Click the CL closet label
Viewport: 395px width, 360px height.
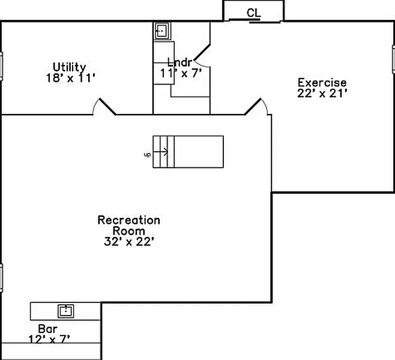pyautogui.click(x=253, y=13)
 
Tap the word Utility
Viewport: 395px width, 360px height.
pyautogui.click(x=69, y=67)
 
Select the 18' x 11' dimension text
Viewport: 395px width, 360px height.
pyautogui.click(x=70, y=77)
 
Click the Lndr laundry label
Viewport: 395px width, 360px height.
pyautogui.click(x=179, y=62)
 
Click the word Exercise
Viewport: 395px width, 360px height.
pyautogui.click(x=322, y=82)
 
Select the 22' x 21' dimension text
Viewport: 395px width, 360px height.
pyautogui.click(x=322, y=93)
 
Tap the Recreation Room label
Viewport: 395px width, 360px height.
pyautogui.click(x=129, y=225)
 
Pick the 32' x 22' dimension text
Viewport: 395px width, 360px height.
pyautogui.click(x=129, y=241)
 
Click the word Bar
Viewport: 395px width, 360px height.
pyautogui.click(x=47, y=329)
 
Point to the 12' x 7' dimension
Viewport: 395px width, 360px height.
pyautogui.click(x=49, y=339)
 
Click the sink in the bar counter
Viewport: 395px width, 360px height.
pyautogui.click(x=66, y=311)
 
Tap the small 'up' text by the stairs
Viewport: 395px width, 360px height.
pyautogui.click(x=147, y=155)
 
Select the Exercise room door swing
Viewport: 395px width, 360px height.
pyautogui.click(x=256, y=107)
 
